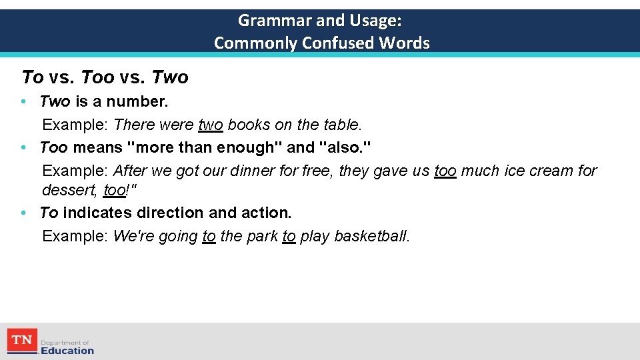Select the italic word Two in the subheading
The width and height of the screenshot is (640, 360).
(170, 78)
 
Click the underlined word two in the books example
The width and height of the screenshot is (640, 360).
(211, 125)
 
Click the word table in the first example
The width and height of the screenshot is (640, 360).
(341, 125)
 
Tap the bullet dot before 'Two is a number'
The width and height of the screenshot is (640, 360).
(23, 102)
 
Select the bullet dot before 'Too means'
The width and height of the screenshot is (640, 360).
(23, 147)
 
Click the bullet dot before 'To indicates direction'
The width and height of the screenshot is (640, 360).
(23, 213)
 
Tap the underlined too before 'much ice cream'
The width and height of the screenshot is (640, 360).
(445, 171)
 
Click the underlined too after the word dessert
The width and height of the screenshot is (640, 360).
(115, 190)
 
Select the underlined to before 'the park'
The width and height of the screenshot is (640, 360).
(209, 236)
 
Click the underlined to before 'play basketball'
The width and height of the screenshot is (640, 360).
(289, 236)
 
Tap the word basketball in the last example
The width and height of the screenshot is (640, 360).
(371, 236)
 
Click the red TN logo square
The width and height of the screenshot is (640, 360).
(22, 341)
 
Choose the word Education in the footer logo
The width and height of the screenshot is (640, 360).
(67, 351)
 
